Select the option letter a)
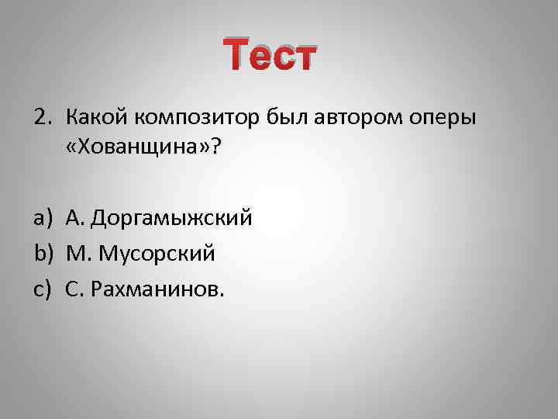[43, 219]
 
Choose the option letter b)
[43, 254]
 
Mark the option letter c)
[43, 289]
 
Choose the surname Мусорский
[159, 254]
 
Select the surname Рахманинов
[155, 289]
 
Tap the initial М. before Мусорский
[78, 254]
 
